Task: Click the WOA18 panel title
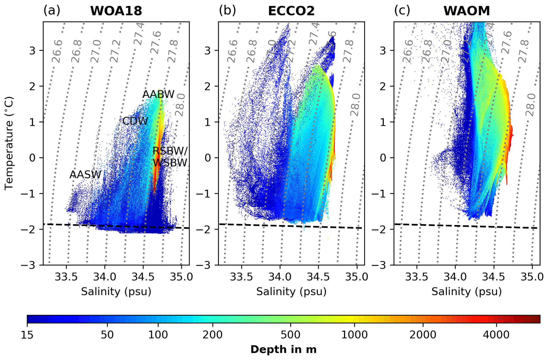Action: pos(116,11)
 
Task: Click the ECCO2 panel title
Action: pos(291,11)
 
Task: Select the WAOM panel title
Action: pos(467,11)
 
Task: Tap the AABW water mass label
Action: pos(158,94)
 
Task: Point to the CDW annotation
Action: pos(135,121)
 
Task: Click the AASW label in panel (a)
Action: pos(85,175)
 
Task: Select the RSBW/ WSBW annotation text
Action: pos(170,157)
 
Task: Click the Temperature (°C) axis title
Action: pos(9,143)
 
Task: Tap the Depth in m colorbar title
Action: pos(283,350)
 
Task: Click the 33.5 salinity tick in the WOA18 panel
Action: pos(66,277)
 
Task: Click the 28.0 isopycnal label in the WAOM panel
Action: pos(531,105)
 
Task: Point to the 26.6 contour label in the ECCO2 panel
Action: pos(232,51)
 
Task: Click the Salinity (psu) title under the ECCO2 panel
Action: pos(291,292)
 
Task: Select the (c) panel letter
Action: pos(402,11)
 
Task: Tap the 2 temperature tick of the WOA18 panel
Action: pos(33,86)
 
